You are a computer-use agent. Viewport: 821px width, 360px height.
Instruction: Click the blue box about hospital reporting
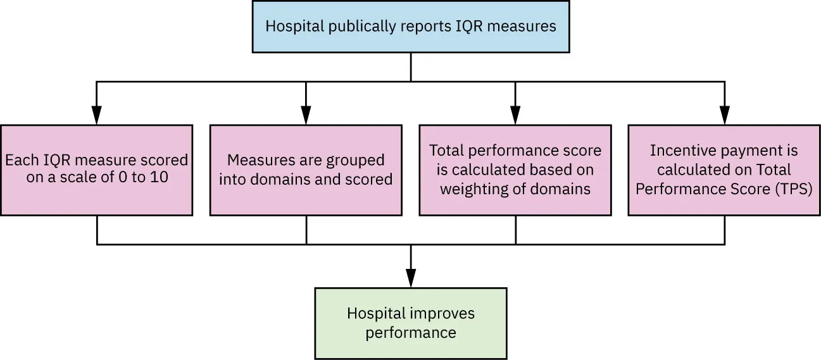coord(411,27)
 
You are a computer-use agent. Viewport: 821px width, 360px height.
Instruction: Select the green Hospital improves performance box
coord(411,323)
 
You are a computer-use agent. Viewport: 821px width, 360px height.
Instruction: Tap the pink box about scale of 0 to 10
coord(97,170)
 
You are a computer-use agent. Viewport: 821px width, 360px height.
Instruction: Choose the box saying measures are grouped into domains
coord(306,170)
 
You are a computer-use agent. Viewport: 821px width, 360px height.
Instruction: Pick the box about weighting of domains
coord(515,170)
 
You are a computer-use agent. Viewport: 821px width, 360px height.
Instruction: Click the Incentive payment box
coord(724,170)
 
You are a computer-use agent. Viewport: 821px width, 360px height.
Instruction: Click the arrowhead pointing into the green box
coord(411,278)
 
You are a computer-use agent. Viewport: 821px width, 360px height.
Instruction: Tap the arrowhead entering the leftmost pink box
coord(97,115)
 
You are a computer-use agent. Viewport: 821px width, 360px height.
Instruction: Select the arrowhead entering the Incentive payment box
coord(724,115)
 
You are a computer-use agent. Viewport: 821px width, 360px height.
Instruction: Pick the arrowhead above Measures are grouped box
coord(306,115)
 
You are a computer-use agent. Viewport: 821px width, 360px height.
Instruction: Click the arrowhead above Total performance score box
coord(515,115)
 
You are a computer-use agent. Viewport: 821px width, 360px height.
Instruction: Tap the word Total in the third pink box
coord(446,151)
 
